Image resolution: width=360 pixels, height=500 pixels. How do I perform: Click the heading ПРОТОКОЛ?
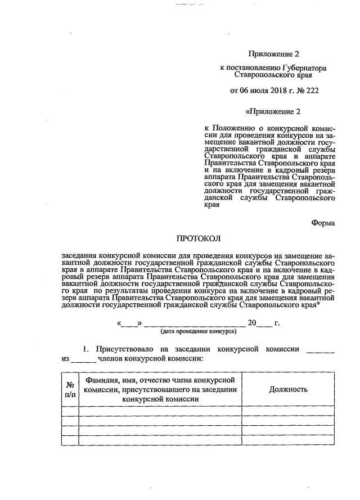[x=199, y=238]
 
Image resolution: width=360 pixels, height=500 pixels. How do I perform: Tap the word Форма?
[x=323, y=223]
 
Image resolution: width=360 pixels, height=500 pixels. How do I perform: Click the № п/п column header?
[x=70, y=389]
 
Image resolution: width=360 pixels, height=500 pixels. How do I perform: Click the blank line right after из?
[x=84, y=358]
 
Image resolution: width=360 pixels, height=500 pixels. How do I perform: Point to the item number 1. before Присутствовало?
[x=87, y=349]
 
